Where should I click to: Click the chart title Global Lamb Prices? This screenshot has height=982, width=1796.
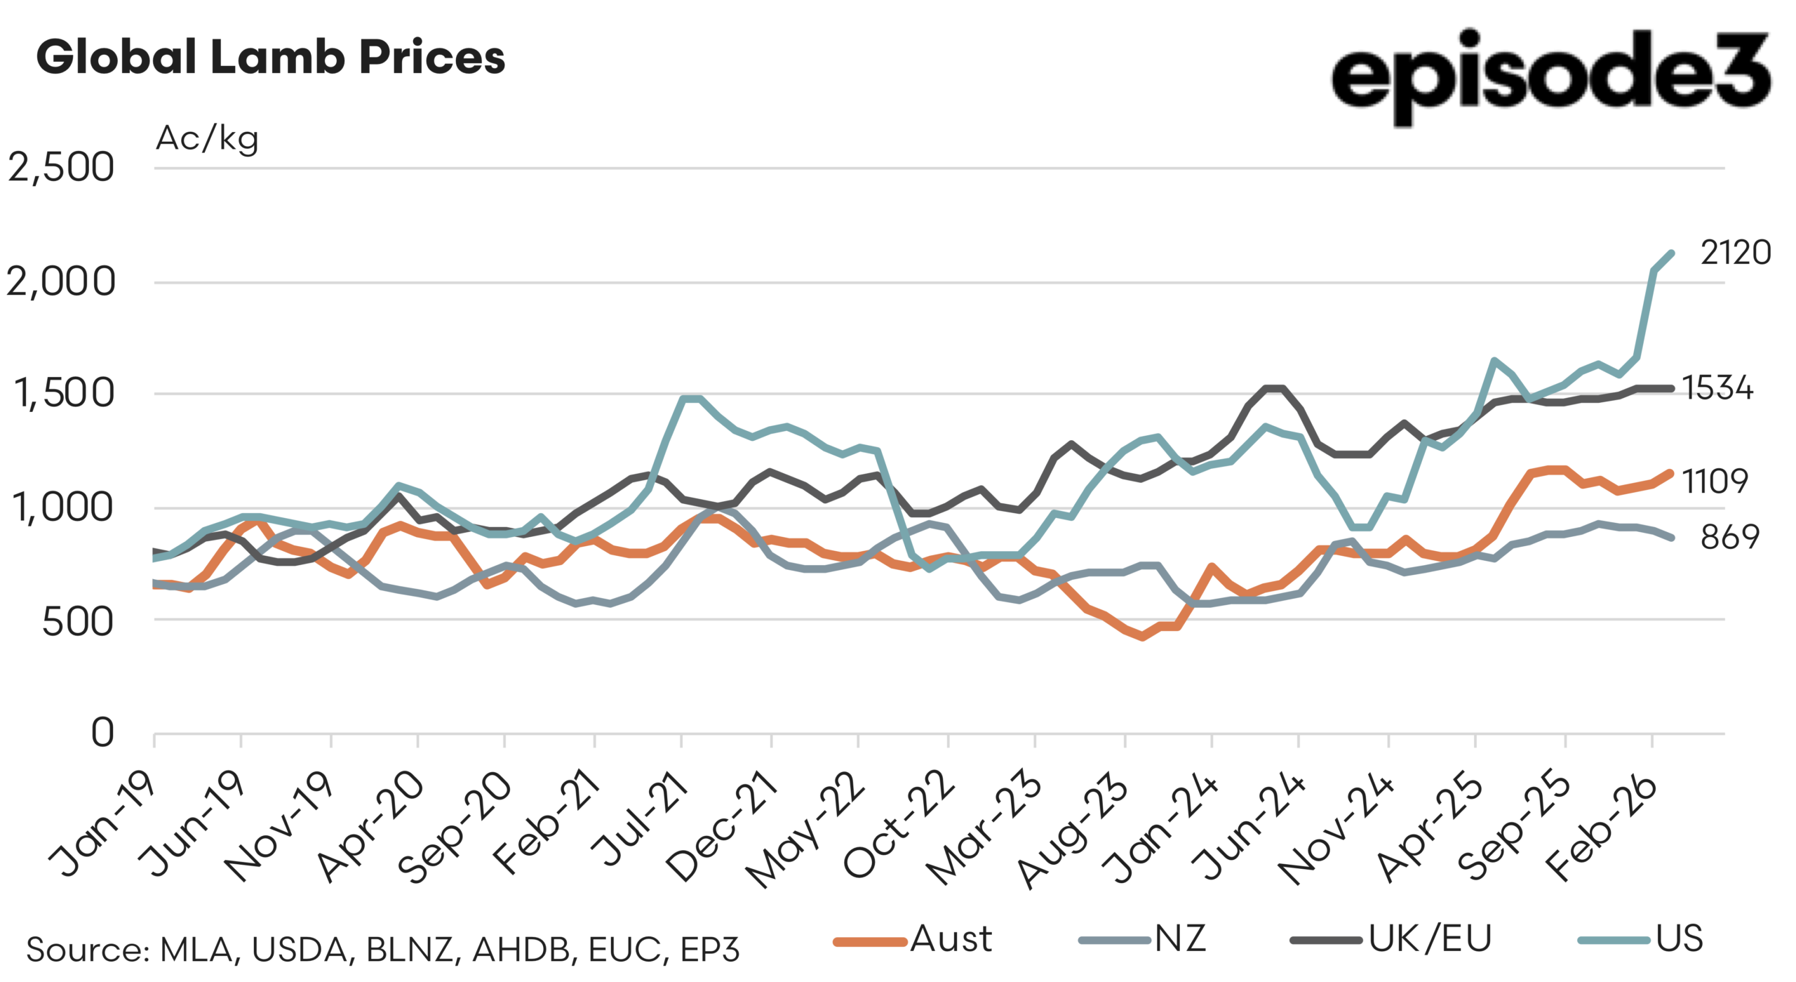[270, 58]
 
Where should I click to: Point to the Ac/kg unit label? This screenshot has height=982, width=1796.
[207, 138]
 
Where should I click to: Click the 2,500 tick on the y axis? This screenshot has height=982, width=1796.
[61, 168]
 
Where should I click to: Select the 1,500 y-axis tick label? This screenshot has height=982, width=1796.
[64, 393]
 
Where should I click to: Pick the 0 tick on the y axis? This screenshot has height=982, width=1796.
[102, 733]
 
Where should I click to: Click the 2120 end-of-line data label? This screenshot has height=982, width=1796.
[1735, 253]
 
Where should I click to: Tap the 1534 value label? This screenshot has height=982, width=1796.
[1717, 388]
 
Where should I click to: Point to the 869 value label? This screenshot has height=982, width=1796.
[1729, 538]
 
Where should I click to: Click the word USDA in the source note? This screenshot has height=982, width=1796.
[299, 950]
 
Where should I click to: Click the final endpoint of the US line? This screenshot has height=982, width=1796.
[1671, 253]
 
